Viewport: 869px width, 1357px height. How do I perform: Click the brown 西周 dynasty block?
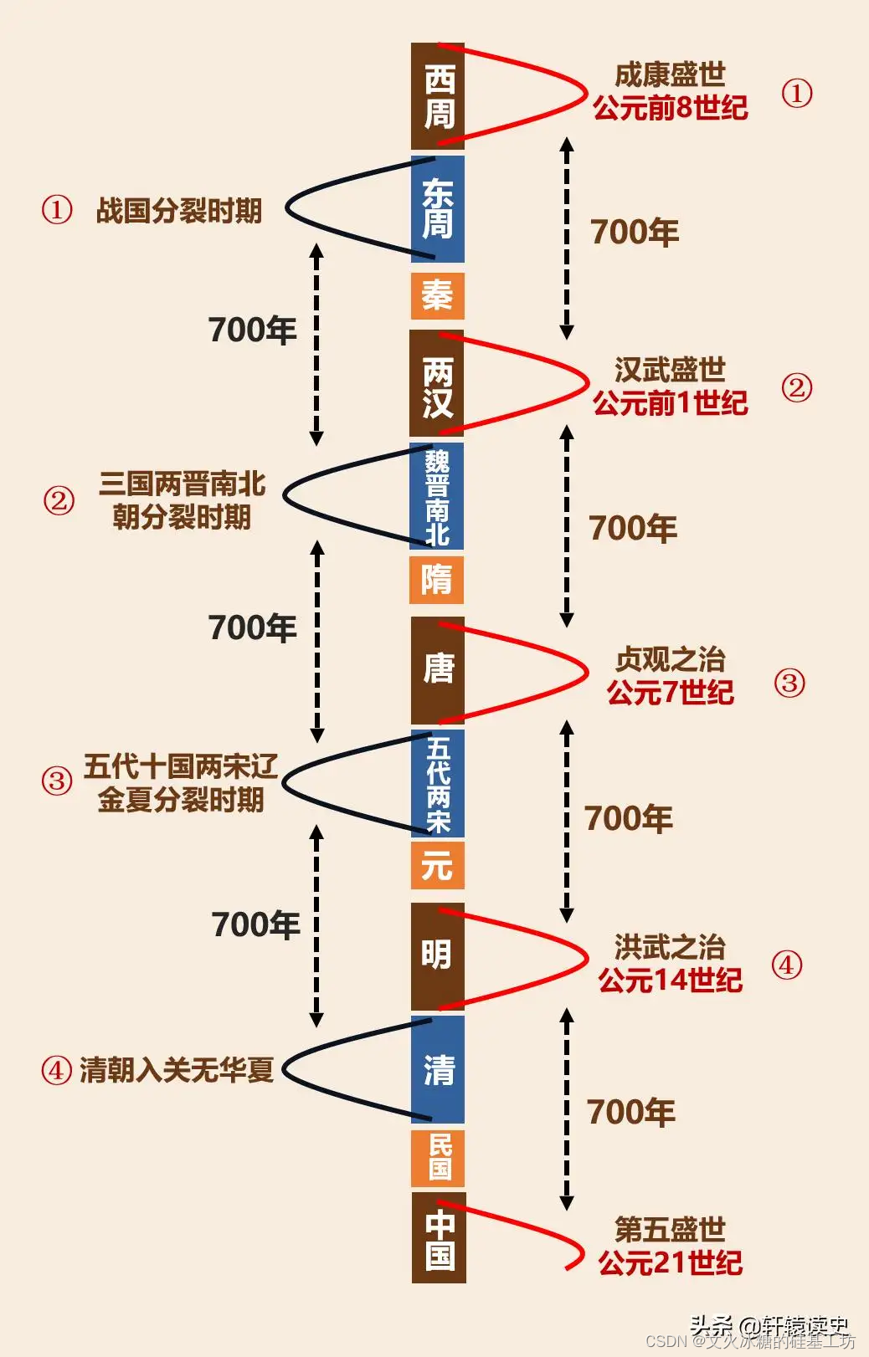438,96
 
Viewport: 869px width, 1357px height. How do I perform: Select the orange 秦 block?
438,295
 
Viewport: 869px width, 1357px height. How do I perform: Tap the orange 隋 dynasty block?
437,580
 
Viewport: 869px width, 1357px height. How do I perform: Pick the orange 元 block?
438,865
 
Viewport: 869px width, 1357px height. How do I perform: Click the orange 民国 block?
438,1158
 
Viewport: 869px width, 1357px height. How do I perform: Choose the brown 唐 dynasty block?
438,669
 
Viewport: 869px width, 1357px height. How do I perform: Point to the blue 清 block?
438,1069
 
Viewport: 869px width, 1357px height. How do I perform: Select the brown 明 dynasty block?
438,955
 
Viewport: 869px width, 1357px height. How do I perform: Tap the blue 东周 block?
438,209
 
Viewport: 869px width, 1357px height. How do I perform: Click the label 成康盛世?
670,75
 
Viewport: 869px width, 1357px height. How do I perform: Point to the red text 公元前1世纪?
670,403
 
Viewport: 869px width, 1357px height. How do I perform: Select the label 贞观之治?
670,659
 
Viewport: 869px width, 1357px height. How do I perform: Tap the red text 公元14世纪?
670,980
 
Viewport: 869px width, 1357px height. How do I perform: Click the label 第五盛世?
670,1229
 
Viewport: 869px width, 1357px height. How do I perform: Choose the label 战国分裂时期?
179,211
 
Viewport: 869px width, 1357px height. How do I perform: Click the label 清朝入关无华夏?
177,1069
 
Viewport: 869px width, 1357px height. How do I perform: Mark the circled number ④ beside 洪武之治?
786,965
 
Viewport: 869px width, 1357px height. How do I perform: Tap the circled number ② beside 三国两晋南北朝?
59,500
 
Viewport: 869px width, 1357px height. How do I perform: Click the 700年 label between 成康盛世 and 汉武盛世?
635,233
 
